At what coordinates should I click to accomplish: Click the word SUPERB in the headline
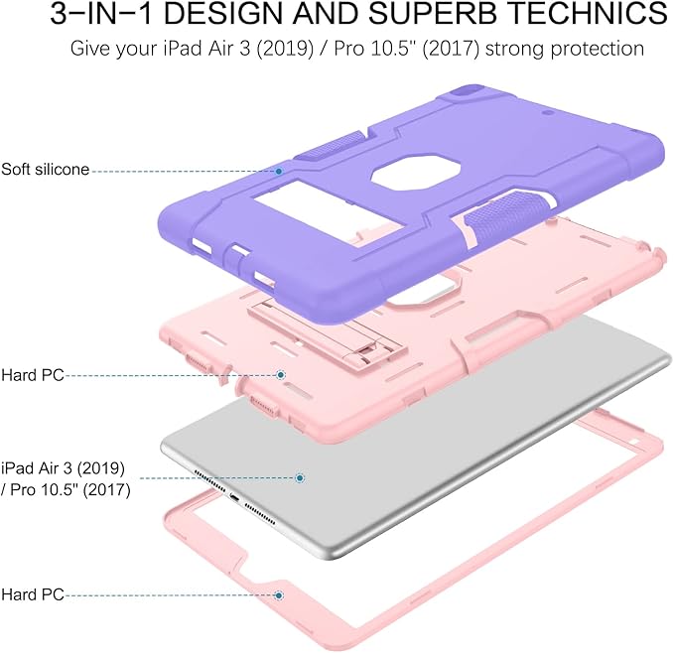432,13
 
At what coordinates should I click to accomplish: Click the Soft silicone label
45,170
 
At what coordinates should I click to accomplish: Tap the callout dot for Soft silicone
279,171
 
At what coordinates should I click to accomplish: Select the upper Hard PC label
33,375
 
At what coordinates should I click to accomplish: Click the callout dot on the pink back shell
281,375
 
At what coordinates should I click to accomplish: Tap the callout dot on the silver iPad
300,477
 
